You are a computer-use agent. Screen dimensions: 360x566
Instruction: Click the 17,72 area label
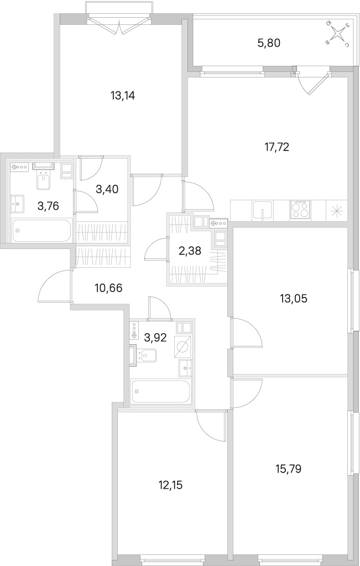[276, 147]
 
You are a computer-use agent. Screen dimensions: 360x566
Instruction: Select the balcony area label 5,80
[269, 43]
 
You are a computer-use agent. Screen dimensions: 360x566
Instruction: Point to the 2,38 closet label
[190, 251]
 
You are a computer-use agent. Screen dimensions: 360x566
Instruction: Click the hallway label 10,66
[108, 288]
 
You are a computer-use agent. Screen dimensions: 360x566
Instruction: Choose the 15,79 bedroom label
[288, 469]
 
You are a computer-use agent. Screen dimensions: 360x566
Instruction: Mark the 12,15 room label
[170, 485]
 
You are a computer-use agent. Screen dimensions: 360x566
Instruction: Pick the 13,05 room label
[294, 299]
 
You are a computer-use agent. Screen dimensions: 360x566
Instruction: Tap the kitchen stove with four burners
[300, 210]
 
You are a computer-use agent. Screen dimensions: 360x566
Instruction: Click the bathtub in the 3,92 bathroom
[161, 391]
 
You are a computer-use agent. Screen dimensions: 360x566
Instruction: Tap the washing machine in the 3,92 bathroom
[182, 346]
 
